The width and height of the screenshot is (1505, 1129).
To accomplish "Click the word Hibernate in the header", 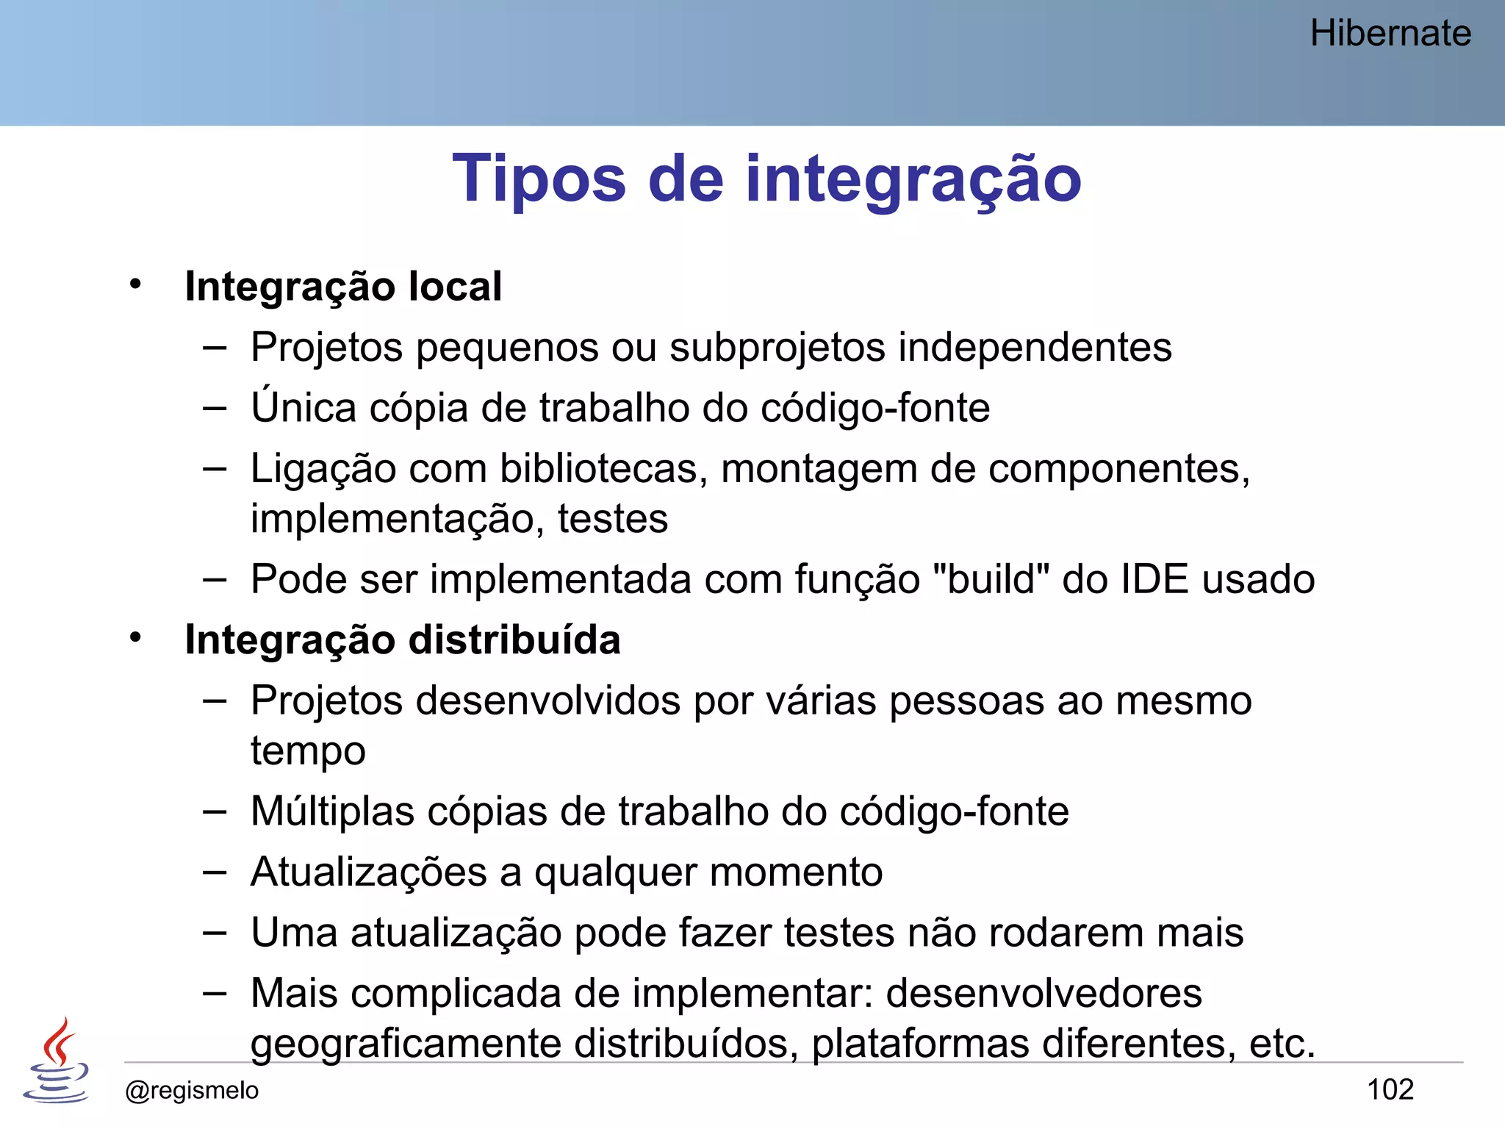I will [1390, 34].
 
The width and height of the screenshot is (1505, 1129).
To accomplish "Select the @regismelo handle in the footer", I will [192, 1090].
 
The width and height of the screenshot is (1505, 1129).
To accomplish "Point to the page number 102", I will [1390, 1089].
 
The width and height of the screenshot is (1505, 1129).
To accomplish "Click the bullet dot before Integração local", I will [135, 284].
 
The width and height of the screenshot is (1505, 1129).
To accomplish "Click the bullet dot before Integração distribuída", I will [135, 638].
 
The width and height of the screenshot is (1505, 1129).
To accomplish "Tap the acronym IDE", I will [1154, 579].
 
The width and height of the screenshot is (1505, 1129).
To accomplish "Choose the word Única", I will [303, 408].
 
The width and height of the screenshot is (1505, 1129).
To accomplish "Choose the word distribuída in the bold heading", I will [514, 640].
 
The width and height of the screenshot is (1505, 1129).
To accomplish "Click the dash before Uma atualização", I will [215, 933].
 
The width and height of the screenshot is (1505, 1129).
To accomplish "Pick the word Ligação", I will [323, 469].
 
